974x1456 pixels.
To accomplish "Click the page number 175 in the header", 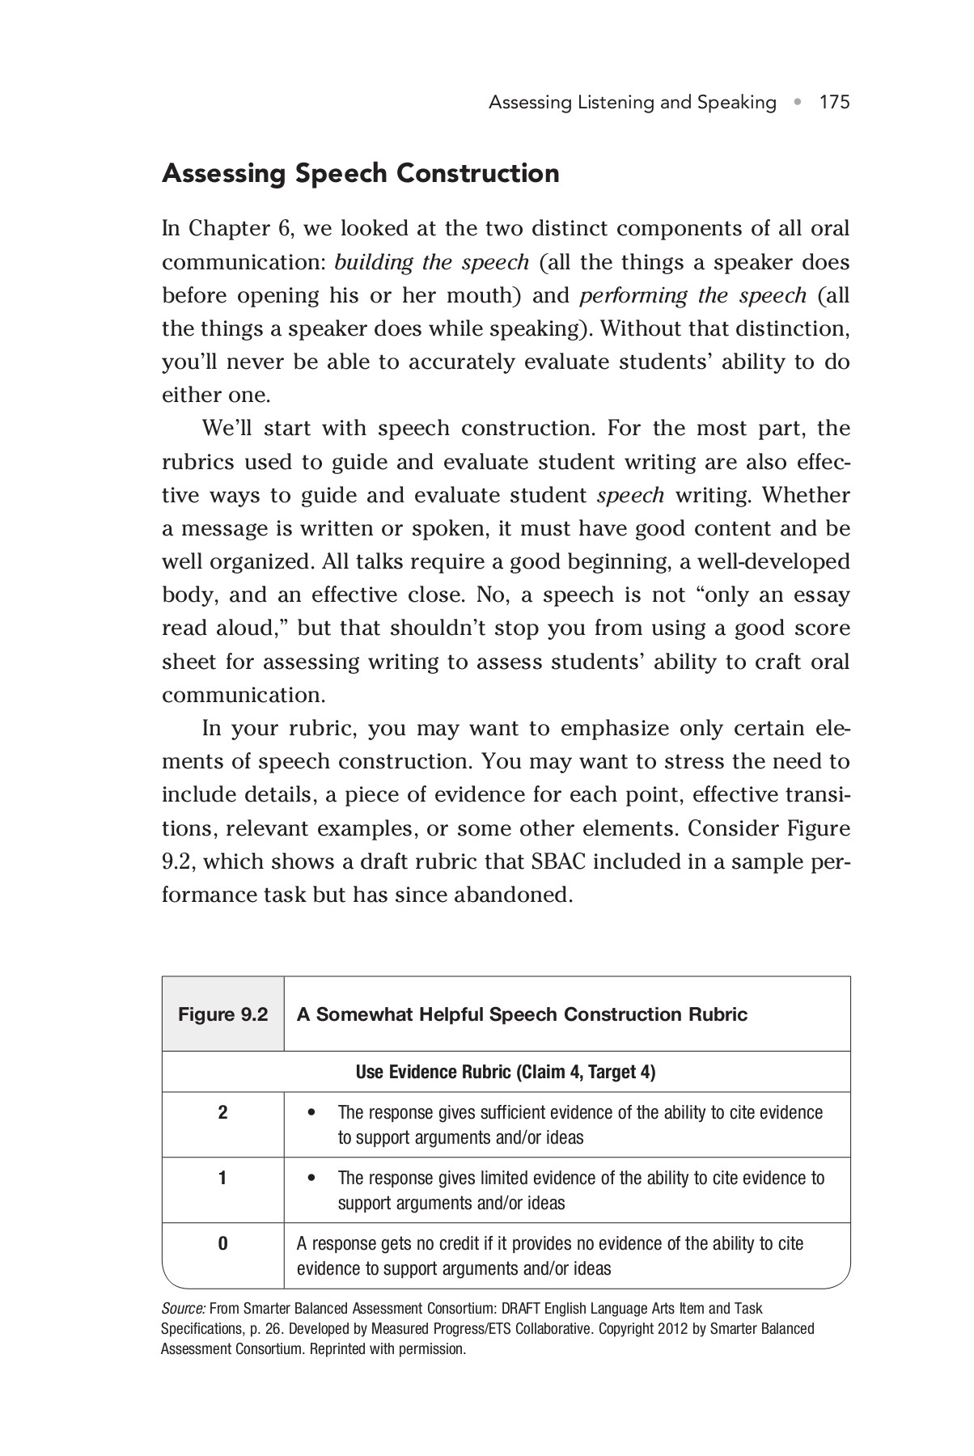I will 834,103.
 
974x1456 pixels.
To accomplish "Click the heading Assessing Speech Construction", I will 360,173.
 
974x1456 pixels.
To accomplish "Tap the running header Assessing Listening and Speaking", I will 632,103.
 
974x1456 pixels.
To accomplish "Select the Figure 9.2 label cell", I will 222,1014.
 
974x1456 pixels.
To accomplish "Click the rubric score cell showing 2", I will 222,1113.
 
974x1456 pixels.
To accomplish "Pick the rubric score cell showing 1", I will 222,1179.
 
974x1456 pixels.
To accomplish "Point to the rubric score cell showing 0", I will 222,1244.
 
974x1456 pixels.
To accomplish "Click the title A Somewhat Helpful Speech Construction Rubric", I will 522,1014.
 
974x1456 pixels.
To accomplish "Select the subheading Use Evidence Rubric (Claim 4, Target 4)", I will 506,1073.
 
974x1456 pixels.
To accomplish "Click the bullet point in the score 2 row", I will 311,1114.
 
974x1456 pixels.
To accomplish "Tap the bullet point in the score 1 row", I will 311,1179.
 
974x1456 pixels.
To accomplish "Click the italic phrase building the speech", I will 431,263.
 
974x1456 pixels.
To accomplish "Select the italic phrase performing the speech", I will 692,296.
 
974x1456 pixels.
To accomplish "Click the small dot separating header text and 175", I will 798,103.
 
